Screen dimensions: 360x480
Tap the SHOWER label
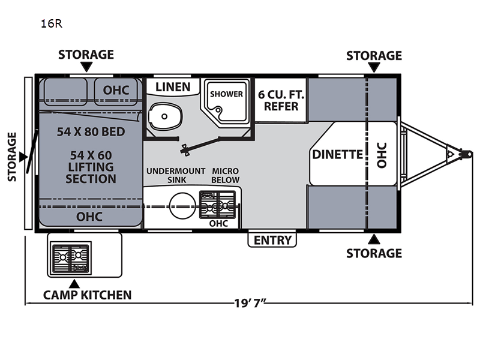tap(226, 94)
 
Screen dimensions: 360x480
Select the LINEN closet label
tap(173, 87)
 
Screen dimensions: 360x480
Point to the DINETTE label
tap(338, 154)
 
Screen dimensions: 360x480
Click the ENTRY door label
tap(273, 240)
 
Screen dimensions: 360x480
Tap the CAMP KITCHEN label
tap(87, 295)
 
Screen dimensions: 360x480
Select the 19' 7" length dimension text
tap(248, 303)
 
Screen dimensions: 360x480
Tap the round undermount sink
tap(180, 206)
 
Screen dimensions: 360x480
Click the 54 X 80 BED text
tap(91, 132)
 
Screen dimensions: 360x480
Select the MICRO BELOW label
tap(226, 175)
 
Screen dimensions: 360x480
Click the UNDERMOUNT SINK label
tap(176, 175)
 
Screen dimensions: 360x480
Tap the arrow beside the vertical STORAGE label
tap(22, 157)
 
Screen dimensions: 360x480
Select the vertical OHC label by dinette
tap(382, 154)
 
